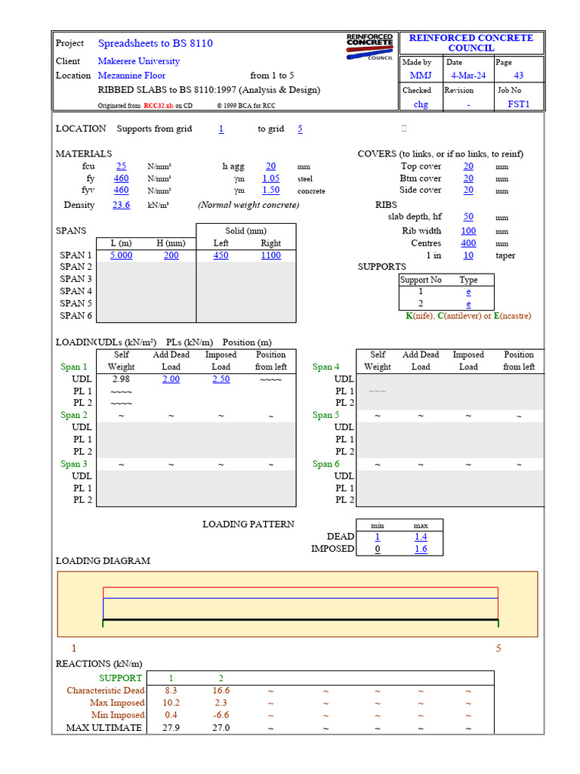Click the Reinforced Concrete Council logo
369,46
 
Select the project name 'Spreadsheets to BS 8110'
155,43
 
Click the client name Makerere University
139,61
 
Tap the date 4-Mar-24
469,76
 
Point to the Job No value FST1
518,104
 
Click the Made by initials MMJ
421,76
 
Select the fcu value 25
121,166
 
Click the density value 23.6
121,205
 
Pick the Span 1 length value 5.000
121,255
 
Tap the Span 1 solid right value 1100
270,255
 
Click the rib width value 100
468,231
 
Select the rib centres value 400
468,243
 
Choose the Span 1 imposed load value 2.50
221,379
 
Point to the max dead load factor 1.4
421,537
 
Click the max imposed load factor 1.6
421,549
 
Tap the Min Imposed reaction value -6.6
221,715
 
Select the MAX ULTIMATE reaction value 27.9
171,728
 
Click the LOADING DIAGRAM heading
103,561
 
